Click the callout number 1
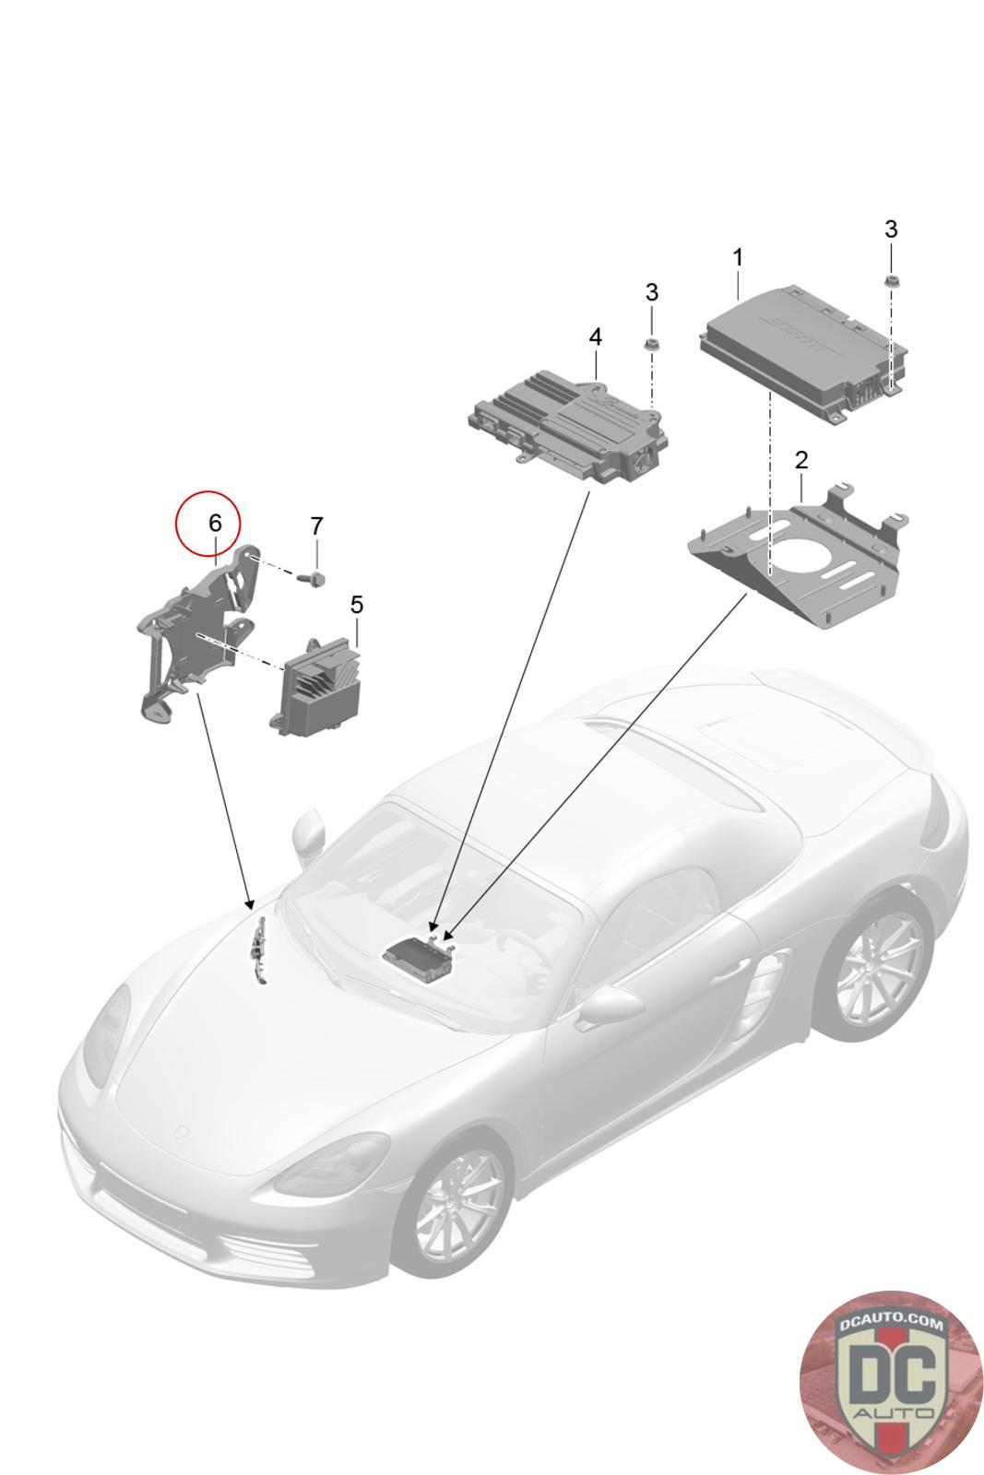(x=738, y=258)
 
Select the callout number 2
(x=800, y=460)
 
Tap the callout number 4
(x=596, y=337)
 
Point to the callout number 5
(x=357, y=605)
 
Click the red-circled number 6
(x=215, y=523)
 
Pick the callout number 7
(x=316, y=526)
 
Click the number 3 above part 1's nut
(x=890, y=229)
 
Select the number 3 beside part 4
(x=652, y=293)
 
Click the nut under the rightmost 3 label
(x=891, y=280)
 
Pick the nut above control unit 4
(x=652, y=345)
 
